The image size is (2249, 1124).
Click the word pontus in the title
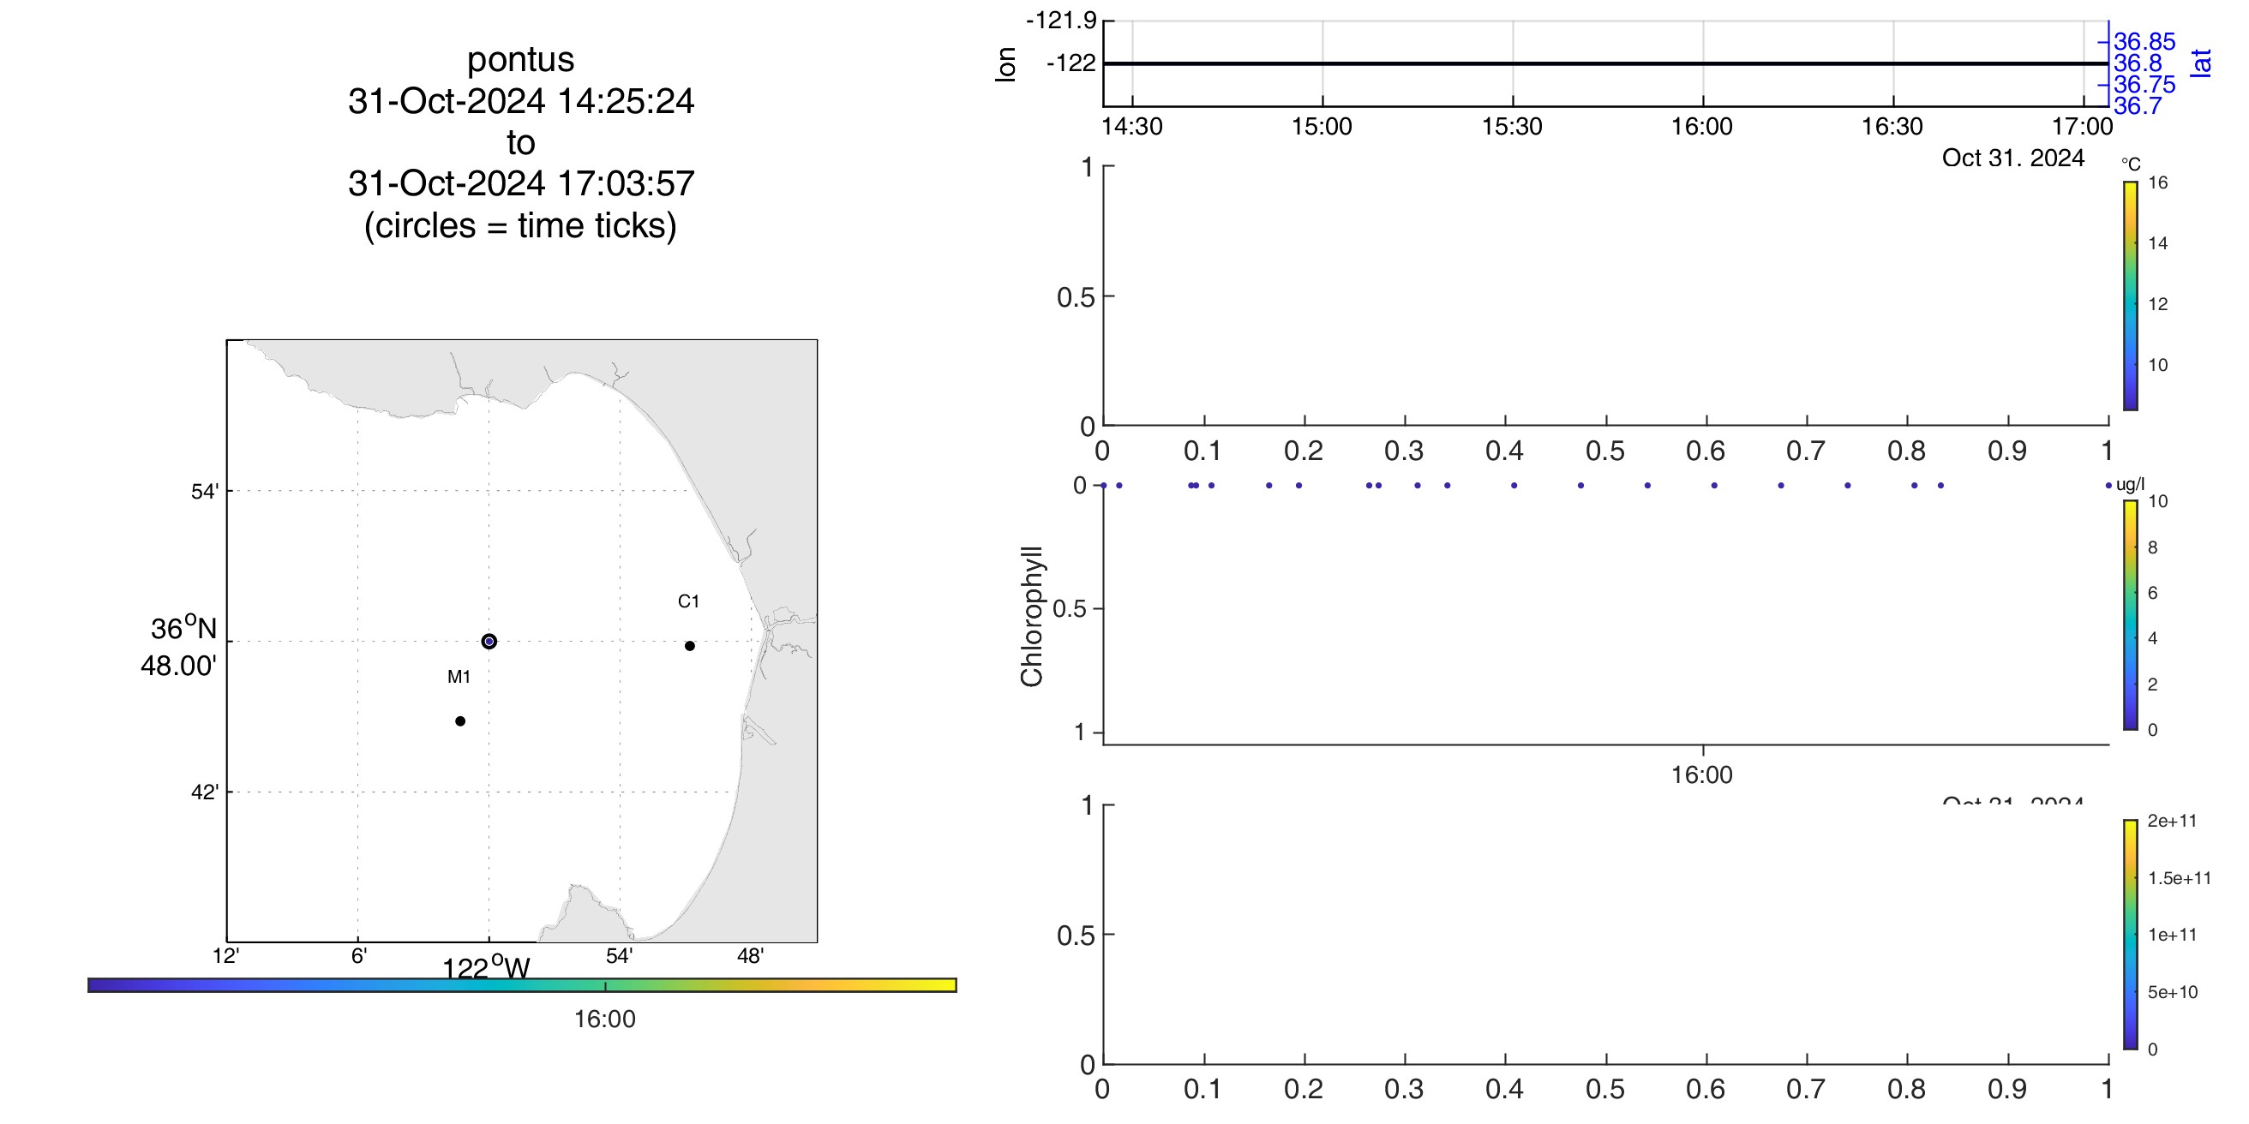pyautogui.click(x=520, y=59)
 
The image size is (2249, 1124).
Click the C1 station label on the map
pyautogui.click(x=688, y=601)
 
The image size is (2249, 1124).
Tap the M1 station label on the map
pyautogui.click(x=459, y=676)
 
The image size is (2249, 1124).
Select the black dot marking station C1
pyautogui.click(x=690, y=646)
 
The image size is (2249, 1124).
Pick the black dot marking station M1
pyautogui.click(x=460, y=720)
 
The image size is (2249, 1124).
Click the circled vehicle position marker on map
pyautogui.click(x=489, y=642)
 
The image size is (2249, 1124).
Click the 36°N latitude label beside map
pyautogui.click(x=183, y=628)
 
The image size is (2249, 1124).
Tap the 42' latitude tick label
pyautogui.click(x=204, y=792)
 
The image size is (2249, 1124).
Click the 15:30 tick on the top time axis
pyautogui.click(x=1511, y=127)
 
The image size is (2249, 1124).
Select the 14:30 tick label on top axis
pyautogui.click(x=1131, y=127)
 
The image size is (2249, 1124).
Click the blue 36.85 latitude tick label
pyautogui.click(x=2144, y=42)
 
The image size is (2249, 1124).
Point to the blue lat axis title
pyautogui.click(x=2201, y=63)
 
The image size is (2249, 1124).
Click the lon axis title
pyautogui.click(x=1005, y=64)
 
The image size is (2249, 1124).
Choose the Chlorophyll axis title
pyautogui.click(x=1032, y=616)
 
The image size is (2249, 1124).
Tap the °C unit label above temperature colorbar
pyautogui.click(x=2130, y=164)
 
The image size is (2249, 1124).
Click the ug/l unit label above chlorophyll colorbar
pyautogui.click(x=2130, y=484)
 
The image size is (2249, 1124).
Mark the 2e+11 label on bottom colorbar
pyautogui.click(x=2171, y=821)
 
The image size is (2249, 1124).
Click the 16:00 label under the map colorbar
pyautogui.click(x=604, y=1019)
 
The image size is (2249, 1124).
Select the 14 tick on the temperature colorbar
pyautogui.click(x=2157, y=243)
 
